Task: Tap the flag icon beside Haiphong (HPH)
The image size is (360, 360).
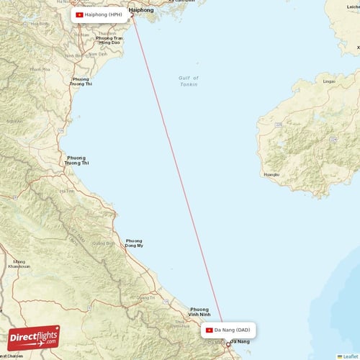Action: pos(79,14)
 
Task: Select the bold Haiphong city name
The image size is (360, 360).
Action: pos(140,11)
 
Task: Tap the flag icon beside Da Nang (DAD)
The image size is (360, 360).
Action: pos(209,330)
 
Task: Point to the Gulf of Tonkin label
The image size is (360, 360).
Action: pos(188,81)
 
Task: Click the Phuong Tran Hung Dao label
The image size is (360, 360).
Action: pos(109,40)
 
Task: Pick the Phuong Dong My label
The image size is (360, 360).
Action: pos(134,243)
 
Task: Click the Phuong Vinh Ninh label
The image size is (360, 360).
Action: pos(199,312)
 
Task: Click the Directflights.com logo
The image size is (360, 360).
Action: pos(35,338)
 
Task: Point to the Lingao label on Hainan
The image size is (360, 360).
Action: pos(329,81)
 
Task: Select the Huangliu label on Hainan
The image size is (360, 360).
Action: pos(271,174)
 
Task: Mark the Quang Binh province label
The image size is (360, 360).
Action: pos(108,243)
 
